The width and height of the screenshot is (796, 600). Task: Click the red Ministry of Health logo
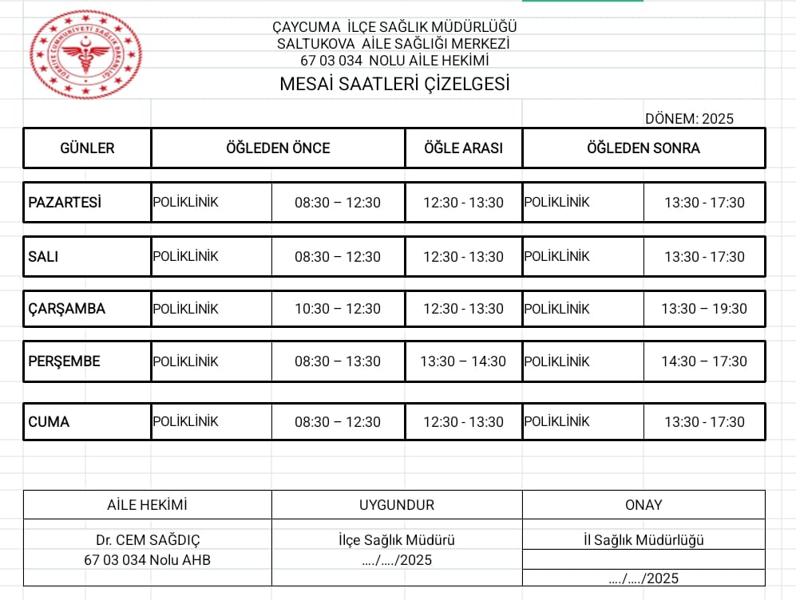coord(86,55)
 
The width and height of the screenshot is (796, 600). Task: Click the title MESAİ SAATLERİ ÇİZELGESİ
coord(394,84)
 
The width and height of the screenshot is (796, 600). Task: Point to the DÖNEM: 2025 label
coord(689,119)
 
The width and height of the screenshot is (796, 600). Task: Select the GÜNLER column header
coord(87,148)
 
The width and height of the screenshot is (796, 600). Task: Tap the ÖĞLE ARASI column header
coord(464,148)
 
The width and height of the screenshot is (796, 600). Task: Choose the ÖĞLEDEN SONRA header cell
coord(644,148)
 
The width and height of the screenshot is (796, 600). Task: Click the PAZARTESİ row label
coord(65,202)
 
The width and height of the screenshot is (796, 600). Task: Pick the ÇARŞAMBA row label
coord(67,309)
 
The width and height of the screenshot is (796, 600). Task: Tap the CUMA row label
coord(49,421)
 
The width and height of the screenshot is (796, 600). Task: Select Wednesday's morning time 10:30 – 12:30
coord(338,309)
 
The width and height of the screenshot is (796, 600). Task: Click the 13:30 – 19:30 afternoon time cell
coord(704,309)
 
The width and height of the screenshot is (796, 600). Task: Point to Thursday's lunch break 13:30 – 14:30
coord(463,361)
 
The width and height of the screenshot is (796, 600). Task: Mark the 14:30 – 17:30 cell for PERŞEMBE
coord(704,361)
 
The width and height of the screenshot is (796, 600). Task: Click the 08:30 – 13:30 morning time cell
coord(338,361)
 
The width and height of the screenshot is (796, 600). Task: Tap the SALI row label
coord(43,256)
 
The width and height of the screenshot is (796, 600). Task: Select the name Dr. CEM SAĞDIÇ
coord(147,540)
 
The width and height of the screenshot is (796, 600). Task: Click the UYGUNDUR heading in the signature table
coord(397,504)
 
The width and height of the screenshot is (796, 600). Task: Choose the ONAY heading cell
coord(644,504)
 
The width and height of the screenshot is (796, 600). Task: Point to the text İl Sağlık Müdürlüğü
coord(644,540)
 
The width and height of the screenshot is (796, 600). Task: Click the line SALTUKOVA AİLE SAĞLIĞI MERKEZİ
coord(393,43)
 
